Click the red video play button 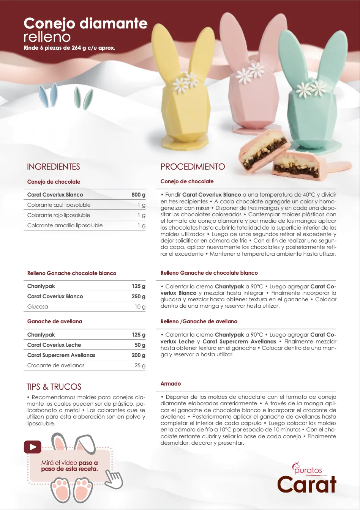[32, 447]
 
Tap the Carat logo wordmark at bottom [307, 485]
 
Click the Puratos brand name [308, 471]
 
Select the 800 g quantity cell [138, 195]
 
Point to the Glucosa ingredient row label [38, 307]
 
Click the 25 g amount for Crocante [140, 365]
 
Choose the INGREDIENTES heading [54, 167]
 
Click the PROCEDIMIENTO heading [193, 167]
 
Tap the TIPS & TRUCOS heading [54, 387]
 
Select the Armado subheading [171, 384]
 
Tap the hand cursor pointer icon [114, 479]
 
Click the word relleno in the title [47, 37]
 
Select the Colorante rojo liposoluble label [58, 215]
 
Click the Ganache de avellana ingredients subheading [55, 321]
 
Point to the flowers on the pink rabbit [251, 72]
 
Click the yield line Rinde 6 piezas [69, 48]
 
